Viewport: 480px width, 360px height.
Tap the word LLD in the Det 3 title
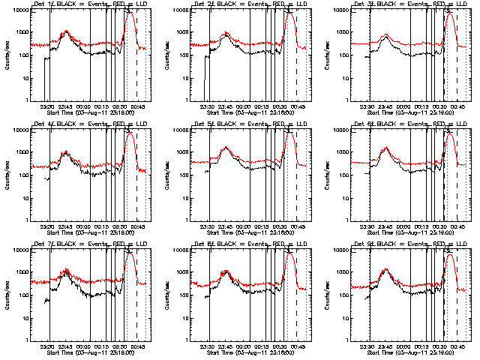[461, 5]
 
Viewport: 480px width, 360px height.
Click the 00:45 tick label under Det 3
[458, 106]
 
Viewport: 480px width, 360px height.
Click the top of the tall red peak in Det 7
[130, 253]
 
